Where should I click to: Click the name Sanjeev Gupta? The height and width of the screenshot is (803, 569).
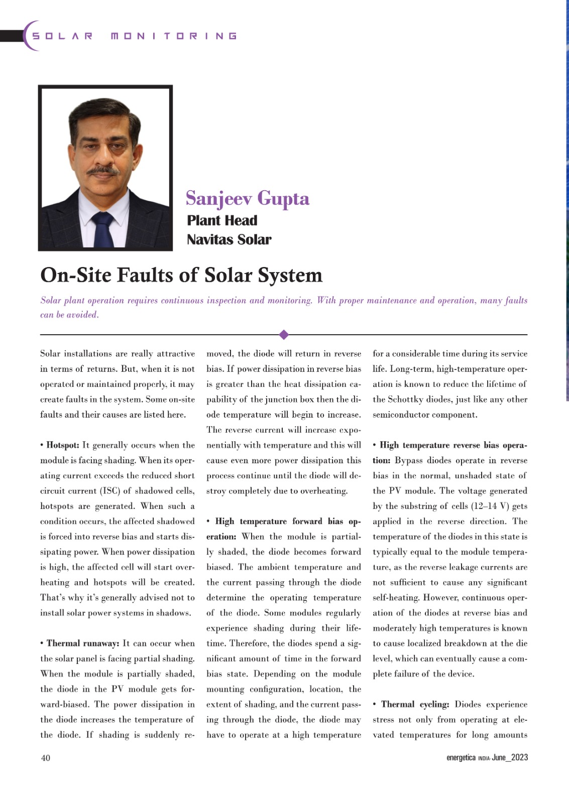247,199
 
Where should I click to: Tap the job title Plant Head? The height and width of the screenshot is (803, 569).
222,221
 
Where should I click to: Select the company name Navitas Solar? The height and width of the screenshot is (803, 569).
229,240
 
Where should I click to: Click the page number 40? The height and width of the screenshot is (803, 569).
45,758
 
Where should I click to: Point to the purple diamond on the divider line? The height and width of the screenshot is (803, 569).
284,334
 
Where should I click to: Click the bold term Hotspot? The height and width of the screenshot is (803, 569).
62,445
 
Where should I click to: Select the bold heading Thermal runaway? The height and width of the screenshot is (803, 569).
83,643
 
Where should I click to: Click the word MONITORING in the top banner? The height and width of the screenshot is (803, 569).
174,36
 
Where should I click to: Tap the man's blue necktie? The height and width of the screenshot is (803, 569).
103,229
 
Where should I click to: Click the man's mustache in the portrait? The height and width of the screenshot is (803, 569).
103,171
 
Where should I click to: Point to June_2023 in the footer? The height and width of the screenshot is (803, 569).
510,758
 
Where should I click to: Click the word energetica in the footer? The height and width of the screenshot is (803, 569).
461,758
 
